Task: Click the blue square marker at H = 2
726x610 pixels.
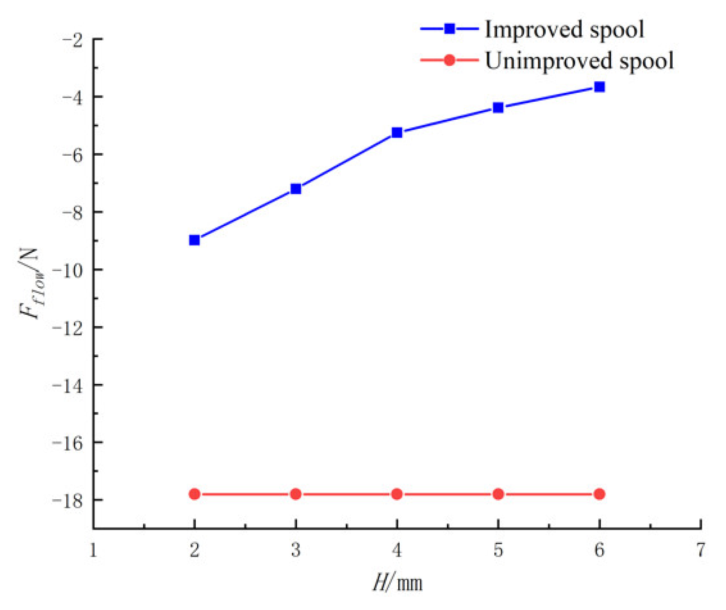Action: tap(194, 240)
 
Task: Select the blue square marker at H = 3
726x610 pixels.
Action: tap(296, 189)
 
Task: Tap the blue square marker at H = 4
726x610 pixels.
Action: tap(397, 133)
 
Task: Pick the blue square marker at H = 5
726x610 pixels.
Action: tap(498, 107)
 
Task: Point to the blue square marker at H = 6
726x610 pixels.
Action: tap(599, 87)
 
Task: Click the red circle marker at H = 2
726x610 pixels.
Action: tap(194, 494)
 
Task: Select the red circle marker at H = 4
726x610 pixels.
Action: tap(397, 494)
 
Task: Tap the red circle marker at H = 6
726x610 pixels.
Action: tap(599, 494)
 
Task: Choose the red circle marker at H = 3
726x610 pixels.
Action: tap(296, 494)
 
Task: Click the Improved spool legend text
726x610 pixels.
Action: tap(564, 30)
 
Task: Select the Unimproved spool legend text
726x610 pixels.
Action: tap(579, 61)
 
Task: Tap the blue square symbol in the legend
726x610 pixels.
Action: tap(449, 29)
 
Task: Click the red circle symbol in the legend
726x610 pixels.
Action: tap(449, 60)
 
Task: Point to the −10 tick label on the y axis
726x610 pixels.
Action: tap(67, 270)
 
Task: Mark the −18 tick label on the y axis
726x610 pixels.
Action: tap(67, 501)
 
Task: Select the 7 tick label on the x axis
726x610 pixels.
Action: tap(700, 550)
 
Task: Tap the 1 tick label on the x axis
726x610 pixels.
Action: tap(93, 550)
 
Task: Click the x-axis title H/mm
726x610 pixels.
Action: tap(397, 583)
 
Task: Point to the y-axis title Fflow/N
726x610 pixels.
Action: tap(30, 283)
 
